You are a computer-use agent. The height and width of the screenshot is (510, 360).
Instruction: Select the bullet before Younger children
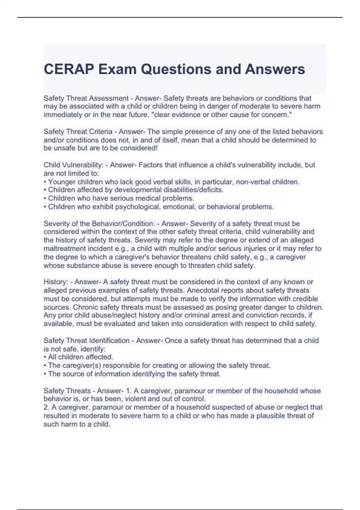(x=45, y=182)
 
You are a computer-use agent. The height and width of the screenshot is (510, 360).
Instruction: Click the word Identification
(x=109, y=340)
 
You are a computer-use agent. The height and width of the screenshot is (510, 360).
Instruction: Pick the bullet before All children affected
(x=45, y=357)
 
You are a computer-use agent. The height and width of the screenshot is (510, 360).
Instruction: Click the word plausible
(x=273, y=415)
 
